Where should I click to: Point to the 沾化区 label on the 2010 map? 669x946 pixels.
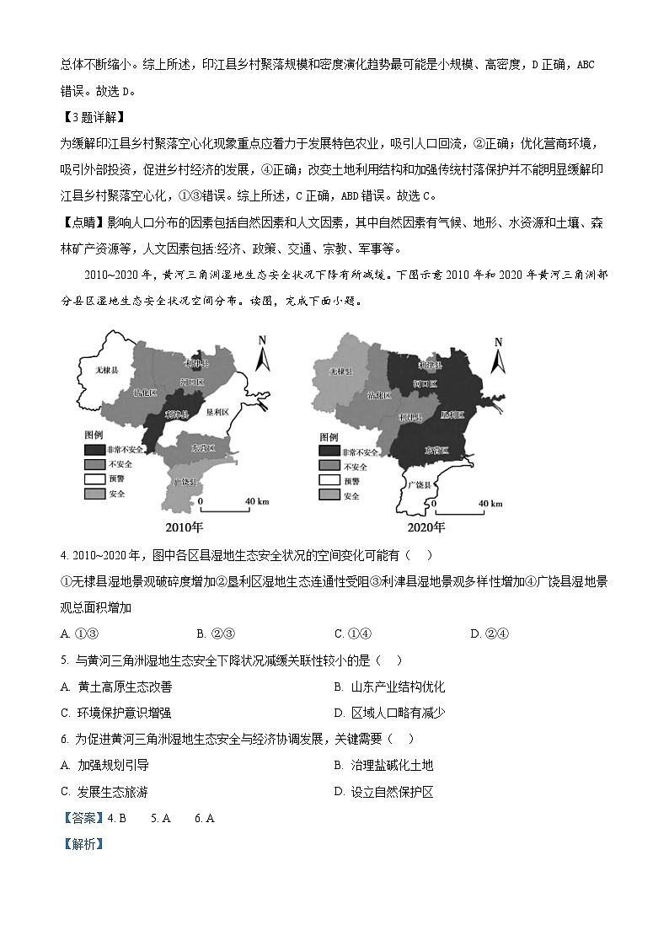tap(145, 393)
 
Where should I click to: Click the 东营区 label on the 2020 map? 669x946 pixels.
tap(436, 450)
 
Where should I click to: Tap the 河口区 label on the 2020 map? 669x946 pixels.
tap(425, 383)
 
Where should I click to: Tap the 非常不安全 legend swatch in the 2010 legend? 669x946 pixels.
tap(94, 449)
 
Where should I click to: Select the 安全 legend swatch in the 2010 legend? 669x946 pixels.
tap(94, 494)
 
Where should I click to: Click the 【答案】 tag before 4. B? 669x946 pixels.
tap(83, 818)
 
